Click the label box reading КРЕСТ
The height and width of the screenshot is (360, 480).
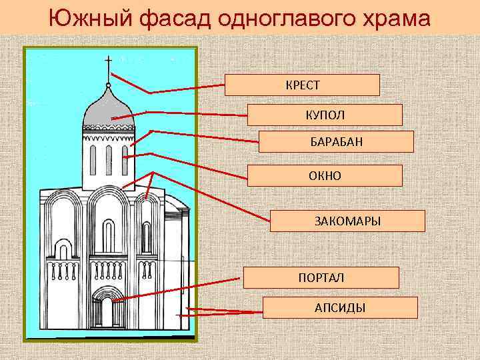(302, 85)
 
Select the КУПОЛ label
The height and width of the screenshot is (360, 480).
(325, 115)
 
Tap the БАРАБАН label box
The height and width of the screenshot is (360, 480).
(336, 141)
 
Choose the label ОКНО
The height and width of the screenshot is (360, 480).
(325, 175)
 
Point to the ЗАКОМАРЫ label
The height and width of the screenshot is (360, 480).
(347, 221)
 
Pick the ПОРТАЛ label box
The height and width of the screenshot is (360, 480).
(321, 277)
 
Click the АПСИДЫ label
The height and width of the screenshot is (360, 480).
(340, 307)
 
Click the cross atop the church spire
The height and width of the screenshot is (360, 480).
(108, 65)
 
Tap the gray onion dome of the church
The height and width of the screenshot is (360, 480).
(108, 110)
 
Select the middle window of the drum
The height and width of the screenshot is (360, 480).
(109, 159)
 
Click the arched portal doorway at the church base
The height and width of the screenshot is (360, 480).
(107, 311)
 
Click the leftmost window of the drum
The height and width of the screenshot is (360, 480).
(93, 159)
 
